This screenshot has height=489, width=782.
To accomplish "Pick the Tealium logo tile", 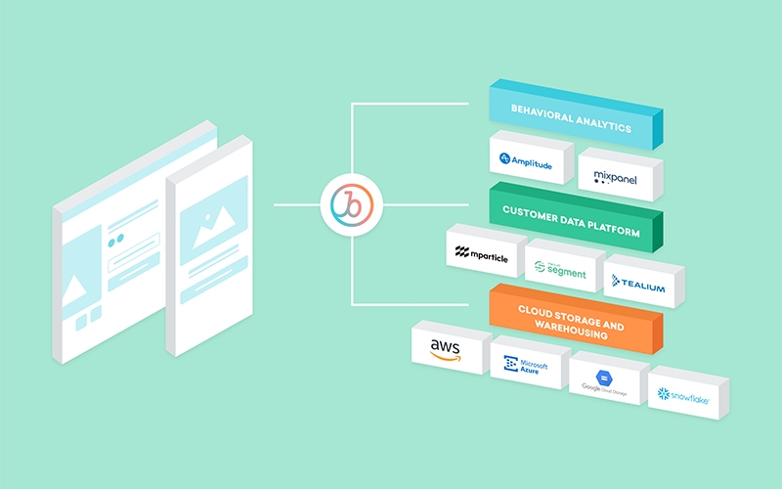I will (x=639, y=284).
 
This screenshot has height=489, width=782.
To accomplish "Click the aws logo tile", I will (x=448, y=348).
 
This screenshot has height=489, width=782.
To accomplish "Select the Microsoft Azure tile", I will (x=526, y=365).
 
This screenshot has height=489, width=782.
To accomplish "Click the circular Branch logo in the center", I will (x=353, y=205).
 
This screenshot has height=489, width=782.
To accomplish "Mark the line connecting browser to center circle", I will (x=297, y=205).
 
